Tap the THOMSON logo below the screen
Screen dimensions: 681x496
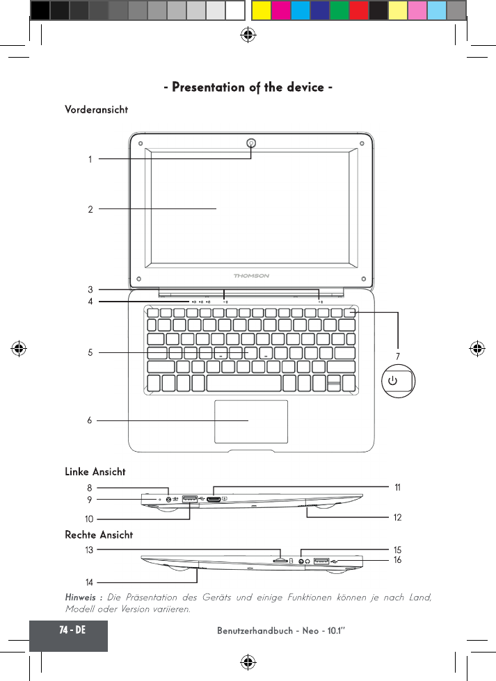pyautogui.click(x=251, y=276)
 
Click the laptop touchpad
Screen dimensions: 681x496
pyautogui.click(x=251, y=421)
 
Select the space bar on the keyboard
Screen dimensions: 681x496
pyautogui.click(x=243, y=383)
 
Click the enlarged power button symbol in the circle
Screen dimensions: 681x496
pyautogui.click(x=393, y=381)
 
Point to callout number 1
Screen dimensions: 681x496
pyautogui.click(x=90, y=159)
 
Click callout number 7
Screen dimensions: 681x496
pyautogui.click(x=397, y=356)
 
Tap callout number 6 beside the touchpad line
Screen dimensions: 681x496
pyautogui.click(x=90, y=420)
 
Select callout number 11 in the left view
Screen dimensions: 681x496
pyautogui.click(x=397, y=488)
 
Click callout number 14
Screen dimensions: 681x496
pyautogui.click(x=89, y=581)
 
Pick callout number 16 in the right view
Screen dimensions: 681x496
pyautogui.click(x=397, y=559)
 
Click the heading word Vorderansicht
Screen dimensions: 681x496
pyautogui.click(x=96, y=110)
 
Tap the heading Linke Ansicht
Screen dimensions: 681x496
pyautogui.click(x=95, y=472)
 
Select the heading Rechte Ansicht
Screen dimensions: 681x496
pyautogui.click(x=99, y=535)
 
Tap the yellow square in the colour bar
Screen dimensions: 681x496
pyautogui.click(x=261, y=10)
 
